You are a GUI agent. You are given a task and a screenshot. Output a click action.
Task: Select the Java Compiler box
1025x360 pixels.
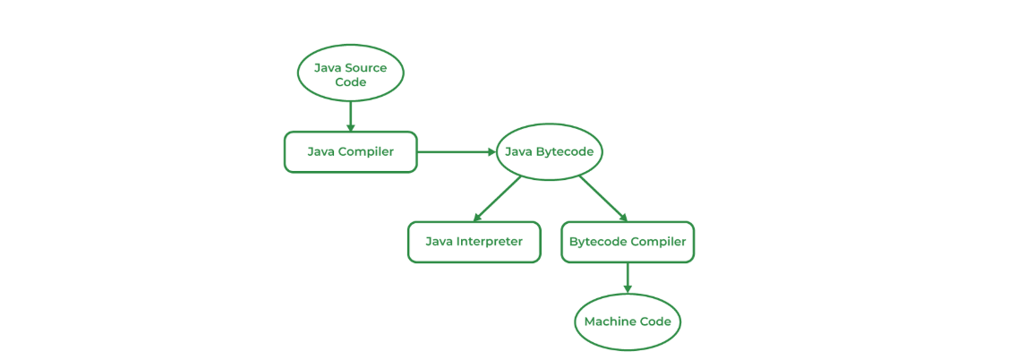pos(350,152)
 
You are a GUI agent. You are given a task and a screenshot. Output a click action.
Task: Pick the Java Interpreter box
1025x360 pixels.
pos(474,243)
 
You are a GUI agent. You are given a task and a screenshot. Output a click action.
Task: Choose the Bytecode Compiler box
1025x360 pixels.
pos(628,243)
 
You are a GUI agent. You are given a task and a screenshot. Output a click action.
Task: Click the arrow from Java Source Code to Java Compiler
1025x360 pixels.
pos(350,117)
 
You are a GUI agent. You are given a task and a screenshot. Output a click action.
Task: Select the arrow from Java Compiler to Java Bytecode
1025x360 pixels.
pos(457,152)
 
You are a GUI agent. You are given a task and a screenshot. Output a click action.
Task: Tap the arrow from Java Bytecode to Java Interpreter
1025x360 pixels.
pos(497,200)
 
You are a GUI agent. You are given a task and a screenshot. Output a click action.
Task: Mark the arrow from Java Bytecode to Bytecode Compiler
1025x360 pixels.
pos(603,200)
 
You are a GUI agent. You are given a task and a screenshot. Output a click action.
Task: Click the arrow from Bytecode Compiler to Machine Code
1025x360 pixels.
pos(628,279)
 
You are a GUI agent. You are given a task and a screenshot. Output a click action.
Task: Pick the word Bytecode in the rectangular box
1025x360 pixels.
pos(597,242)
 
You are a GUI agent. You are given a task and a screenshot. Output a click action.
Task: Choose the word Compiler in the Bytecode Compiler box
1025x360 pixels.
pos(658,242)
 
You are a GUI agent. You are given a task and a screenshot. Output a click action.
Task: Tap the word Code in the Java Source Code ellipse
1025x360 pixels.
pos(350,83)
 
